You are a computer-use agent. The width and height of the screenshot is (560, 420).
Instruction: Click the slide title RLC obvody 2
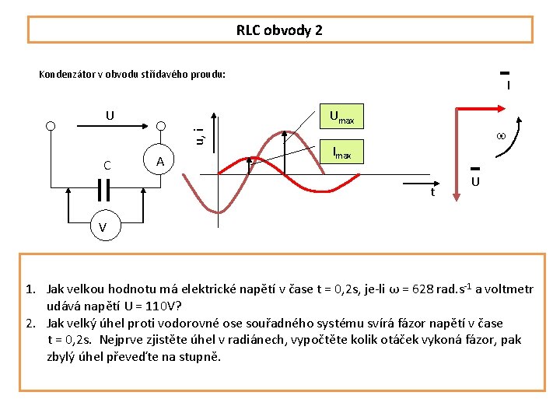coord(279,30)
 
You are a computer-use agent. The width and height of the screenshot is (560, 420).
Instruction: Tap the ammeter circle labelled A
coord(160,162)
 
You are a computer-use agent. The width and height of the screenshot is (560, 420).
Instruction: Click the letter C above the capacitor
coord(107,165)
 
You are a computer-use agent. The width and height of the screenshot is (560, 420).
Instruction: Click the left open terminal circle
coord(51,126)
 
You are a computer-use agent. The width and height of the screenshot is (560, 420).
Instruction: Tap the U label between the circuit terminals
coord(110,116)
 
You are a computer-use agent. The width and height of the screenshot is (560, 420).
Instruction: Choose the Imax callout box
coord(341,153)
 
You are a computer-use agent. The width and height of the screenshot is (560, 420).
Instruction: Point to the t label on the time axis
coord(432,191)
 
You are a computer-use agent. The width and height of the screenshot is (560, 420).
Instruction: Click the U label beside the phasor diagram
coord(474,181)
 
